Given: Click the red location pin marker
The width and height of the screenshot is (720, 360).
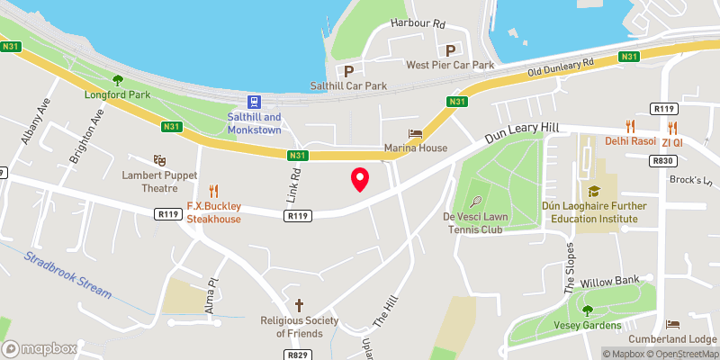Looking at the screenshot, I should (x=360, y=179).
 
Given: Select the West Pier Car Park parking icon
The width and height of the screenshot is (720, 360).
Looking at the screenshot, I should (x=448, y=50).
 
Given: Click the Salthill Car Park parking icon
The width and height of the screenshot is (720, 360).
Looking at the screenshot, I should (x=347, y=70).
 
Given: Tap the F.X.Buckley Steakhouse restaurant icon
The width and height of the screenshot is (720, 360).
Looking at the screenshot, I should (x=214, y=190).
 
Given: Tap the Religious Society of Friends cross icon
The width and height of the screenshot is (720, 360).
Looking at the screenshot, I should (x=299, y=305).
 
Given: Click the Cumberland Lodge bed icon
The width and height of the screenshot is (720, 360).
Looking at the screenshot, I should (x=671, y=324).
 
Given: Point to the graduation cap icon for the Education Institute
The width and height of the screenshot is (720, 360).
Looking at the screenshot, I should (x=594, y=191).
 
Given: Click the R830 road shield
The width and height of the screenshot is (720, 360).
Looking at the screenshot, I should (x=664, y=160).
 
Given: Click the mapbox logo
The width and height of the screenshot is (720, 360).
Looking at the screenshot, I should (x=40, y=348).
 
